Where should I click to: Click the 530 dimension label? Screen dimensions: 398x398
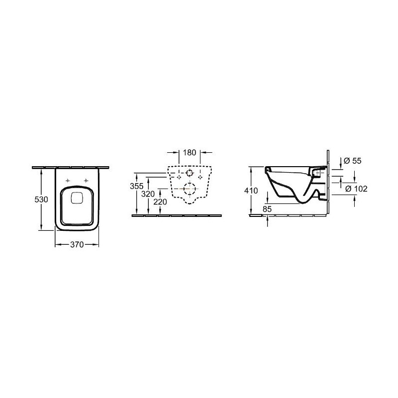41,199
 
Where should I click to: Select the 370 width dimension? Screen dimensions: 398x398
77,244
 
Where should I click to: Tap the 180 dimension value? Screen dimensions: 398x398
190,153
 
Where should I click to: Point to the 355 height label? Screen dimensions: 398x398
136,186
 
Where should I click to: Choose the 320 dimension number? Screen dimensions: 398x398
148,194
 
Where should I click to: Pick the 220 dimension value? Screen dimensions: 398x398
160,202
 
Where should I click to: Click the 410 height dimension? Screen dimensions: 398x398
251,191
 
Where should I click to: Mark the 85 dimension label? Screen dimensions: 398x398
267,209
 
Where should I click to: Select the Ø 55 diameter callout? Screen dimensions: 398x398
353,161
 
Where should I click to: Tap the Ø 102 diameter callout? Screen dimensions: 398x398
357,189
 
